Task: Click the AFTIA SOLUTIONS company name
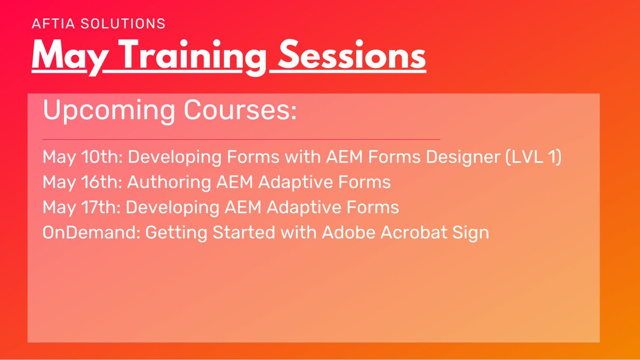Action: click(99, 23)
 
